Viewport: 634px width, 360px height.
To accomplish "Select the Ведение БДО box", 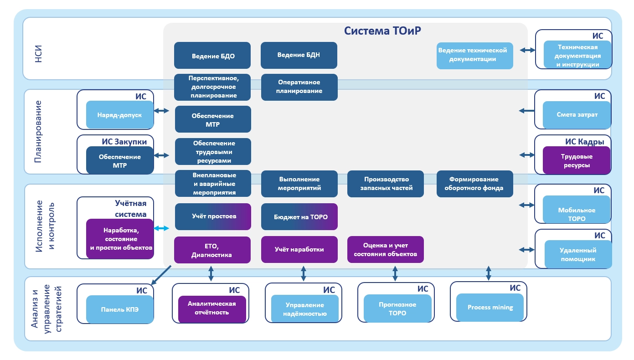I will [x=212, y=56].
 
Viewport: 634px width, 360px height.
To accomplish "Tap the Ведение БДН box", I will [x=299, y=55].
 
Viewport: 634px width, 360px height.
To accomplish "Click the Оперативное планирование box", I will [x=299, y=87].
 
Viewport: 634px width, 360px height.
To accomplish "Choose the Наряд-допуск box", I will [x=119, y=115].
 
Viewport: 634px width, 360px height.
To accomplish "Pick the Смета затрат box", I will [x=577, y=115].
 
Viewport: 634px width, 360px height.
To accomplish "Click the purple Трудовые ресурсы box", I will [x=576, y=160].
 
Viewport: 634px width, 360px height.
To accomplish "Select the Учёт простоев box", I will [x=213, y=216].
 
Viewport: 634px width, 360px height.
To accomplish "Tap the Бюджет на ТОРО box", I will [x=299, y=216].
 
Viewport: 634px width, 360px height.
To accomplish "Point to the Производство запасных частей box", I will [x=386, y=184].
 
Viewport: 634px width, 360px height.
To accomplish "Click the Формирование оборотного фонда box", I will [x=474, y=184].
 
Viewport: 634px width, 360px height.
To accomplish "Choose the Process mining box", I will [x=490, y=308].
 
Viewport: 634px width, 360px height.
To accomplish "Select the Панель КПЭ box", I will [x=119, y=309].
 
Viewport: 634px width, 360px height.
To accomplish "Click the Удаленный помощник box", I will [x=577, y=255].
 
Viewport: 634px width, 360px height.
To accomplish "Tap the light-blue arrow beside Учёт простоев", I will [x=161, y=228].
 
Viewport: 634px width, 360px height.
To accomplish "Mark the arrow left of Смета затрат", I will [x=526, y=110].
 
